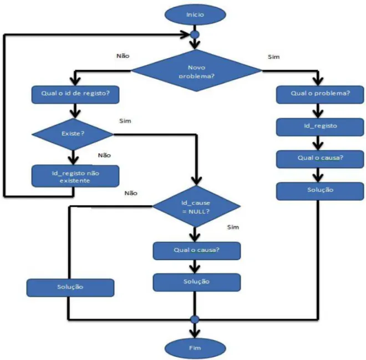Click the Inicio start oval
(195, 14)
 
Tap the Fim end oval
(195, 348)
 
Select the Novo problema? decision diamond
(196, 70)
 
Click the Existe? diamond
(73, 134)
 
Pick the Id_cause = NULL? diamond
(196, 206)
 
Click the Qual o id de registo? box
(75, 94)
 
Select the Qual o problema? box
(320, 94)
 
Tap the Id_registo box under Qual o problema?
(320, 127)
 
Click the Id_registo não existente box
(75, 176)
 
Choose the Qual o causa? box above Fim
(197, 251)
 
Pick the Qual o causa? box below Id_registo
(320, 159)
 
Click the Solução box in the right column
(320, 191)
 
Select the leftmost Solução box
(70, 288)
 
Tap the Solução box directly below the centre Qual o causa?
(197, 282)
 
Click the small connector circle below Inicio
(195, 35)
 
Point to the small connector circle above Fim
(195, 319)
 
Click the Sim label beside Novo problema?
(273, 57)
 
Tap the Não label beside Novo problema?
(123, 56)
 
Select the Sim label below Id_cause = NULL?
(233, 227)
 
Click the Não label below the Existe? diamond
(104, 155)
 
